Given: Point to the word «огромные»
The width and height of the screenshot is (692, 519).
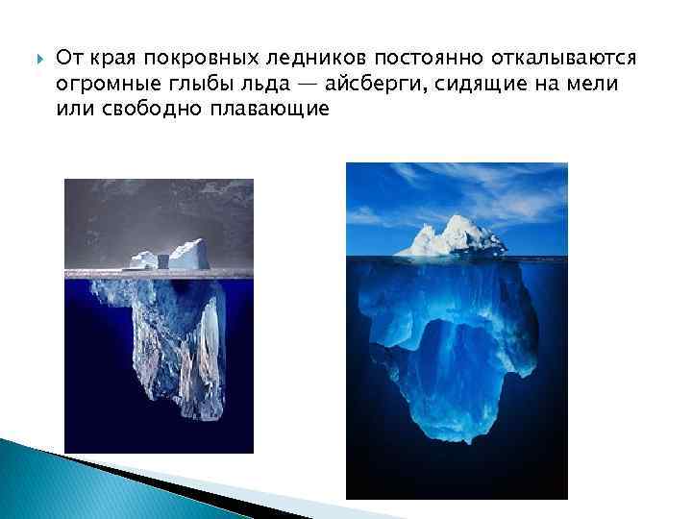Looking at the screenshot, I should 98,85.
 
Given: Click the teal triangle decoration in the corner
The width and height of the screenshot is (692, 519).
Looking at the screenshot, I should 38,481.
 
